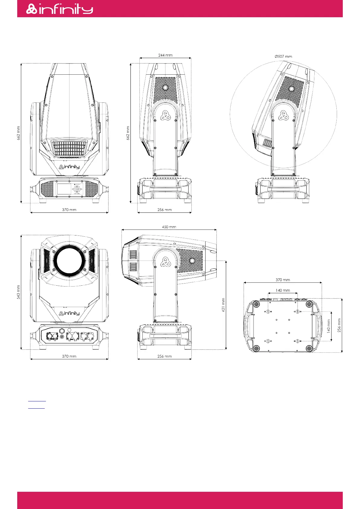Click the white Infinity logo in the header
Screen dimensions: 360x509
(x=60, y=9)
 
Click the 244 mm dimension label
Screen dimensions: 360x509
(x=165, y=55)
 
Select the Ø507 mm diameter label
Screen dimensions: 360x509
(x=283, y=56)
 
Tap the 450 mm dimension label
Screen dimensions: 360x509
(x=169, y=227)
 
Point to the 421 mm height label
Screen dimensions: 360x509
(x=223, y=305)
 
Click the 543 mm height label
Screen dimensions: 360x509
(x=18, y=292)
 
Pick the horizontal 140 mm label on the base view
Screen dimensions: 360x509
(x=283, y=290)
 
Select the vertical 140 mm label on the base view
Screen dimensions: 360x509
(x=328, y=326)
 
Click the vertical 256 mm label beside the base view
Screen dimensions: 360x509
(x=339, y=325)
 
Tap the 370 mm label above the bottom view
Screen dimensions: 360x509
(x=283, y=280)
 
